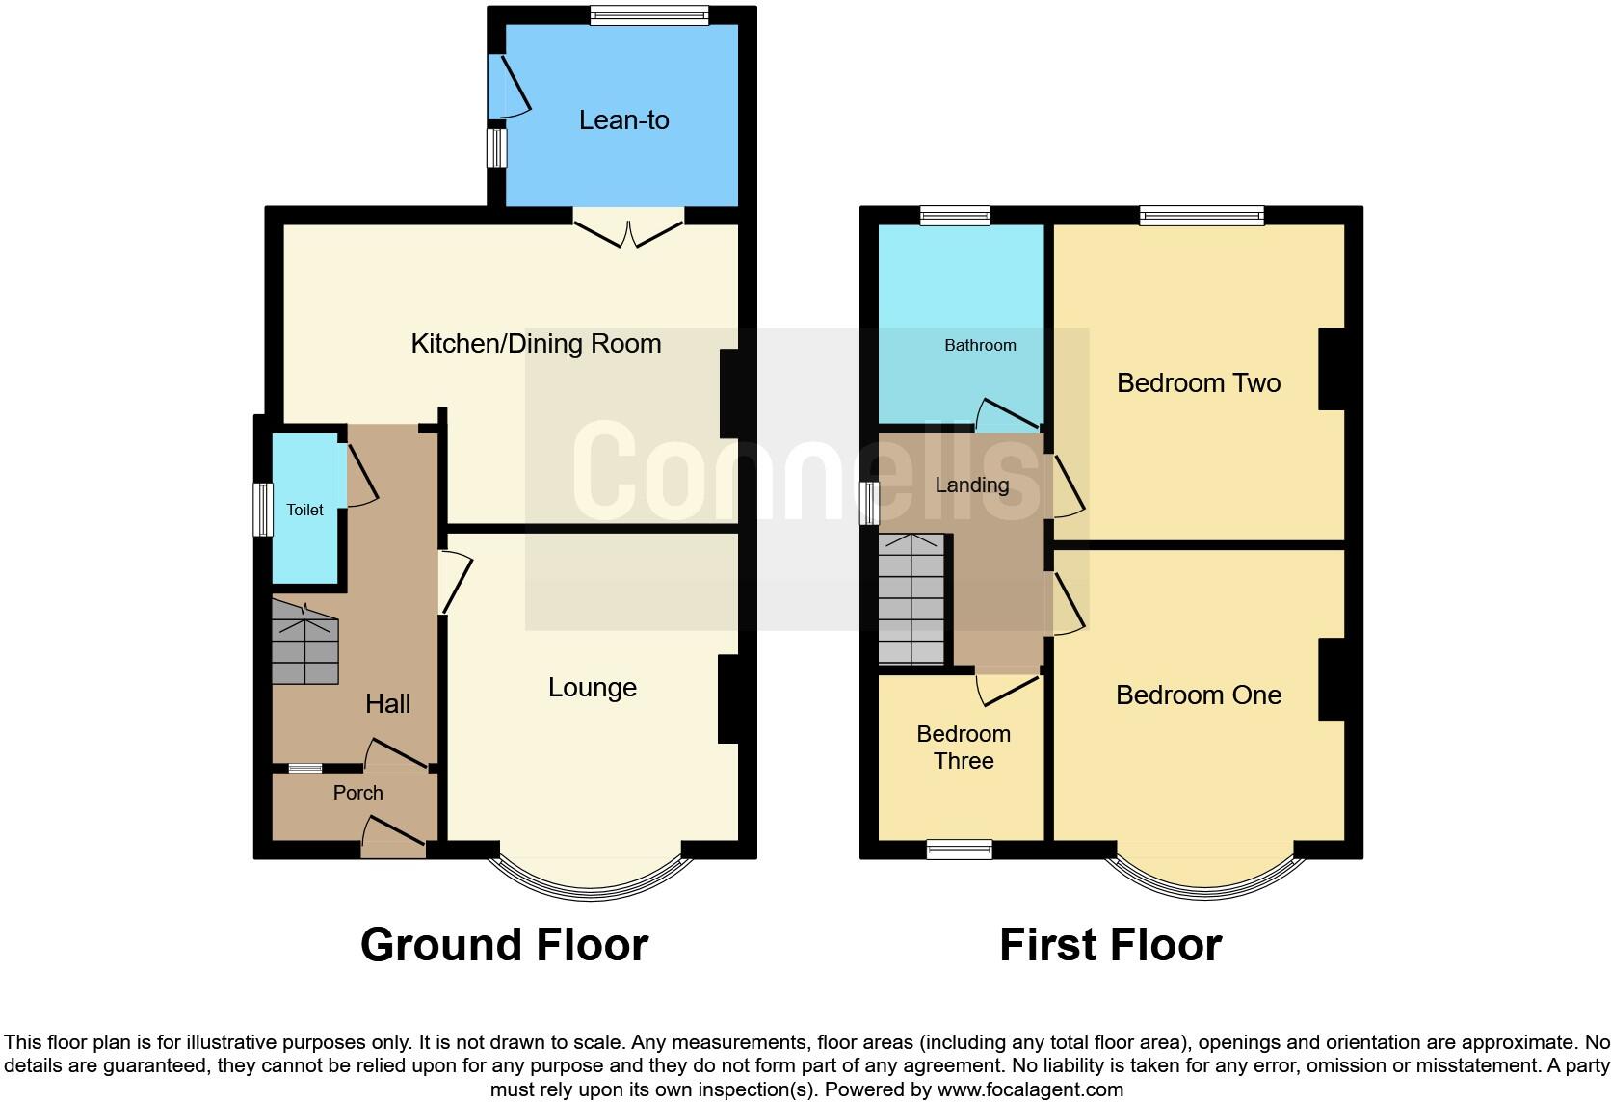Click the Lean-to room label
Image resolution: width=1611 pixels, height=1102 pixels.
click(623, 120)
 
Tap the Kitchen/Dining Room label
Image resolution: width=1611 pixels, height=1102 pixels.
click(536, 344)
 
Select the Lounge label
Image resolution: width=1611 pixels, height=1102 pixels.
click(593, 688)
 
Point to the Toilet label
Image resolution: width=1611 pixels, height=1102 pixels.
click(304, 510)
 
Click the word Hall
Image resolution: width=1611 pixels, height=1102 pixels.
click(387, 704)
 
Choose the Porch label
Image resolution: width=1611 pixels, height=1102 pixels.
click(357, 793)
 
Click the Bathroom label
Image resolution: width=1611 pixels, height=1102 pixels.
click(980, 345)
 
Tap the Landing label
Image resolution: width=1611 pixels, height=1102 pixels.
click(972, 485)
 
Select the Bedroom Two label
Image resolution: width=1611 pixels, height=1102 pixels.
click(1198, 383)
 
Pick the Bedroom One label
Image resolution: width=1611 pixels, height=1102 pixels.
click(1198, 695)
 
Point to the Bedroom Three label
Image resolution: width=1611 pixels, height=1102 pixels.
click(964, 748)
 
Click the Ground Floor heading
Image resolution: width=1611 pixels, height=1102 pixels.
click(504, 945)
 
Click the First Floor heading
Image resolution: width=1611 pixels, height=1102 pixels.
click(1110, 945)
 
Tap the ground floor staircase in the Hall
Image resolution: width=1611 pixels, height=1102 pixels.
click(305, 643)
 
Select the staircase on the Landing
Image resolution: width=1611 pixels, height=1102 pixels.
click(911, 600)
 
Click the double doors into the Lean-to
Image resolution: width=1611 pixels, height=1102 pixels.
click(628, 231)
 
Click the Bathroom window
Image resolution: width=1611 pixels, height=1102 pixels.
click(955, 216)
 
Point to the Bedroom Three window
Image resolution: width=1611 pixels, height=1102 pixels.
click(960, 849)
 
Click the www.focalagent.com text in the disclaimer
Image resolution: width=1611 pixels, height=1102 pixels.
click(1029, 1090)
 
